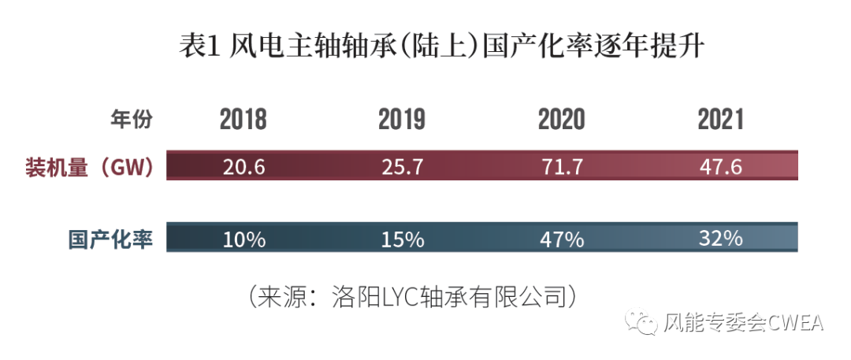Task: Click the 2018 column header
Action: click(243, 120)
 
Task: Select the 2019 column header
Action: click(402, 120)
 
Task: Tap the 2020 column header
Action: click(561, 120)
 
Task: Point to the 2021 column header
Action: click(720, 120)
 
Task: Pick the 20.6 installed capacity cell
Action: click(243, 167)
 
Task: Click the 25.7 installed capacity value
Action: click(402, 167)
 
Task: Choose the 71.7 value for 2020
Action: click(561, 167)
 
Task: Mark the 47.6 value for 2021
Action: click(721, 167)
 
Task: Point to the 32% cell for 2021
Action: click(721, 238)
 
